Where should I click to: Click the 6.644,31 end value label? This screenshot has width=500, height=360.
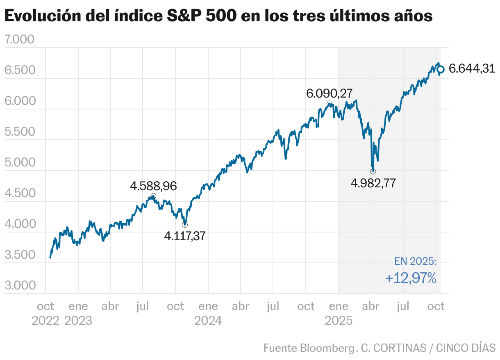tap(472, 68)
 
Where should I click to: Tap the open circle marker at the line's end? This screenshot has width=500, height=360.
tap(441, 70)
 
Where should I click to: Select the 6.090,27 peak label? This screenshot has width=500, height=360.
tap(329, 93)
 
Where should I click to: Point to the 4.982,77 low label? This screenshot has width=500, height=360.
tap(373, 183)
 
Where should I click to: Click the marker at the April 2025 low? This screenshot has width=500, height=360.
tap(373, 171)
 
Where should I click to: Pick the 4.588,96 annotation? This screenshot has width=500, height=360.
tap(153, 186)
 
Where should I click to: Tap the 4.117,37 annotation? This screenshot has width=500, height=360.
tap(185, 236)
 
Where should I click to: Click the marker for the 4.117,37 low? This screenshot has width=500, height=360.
tap(185, 224)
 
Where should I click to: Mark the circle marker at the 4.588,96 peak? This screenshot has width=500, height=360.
tap(153, 196)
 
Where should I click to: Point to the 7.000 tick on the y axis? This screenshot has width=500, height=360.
tap(19, 40)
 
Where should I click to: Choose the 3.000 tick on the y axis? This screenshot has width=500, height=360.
tap(19, 285)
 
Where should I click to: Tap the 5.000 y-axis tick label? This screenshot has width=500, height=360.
tap(19, 162)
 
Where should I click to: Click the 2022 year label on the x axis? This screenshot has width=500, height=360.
tap(45, 320)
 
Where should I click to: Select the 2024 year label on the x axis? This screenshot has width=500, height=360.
tap(208, 320)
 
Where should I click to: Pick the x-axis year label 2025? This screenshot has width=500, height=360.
tap(339, 320)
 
